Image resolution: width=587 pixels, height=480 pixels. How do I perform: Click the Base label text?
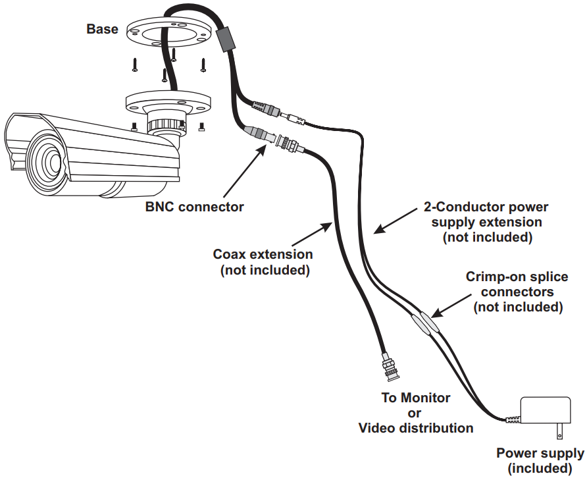[103, 29]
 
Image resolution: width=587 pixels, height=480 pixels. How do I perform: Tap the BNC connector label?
[194, 207]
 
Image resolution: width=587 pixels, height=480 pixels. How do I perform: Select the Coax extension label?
[263, 261]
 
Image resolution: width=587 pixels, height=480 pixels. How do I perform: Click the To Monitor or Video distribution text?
[415, 413]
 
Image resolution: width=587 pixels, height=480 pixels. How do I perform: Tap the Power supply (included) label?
[540, 461]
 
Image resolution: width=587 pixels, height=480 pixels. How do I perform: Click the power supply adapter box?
[546, 412]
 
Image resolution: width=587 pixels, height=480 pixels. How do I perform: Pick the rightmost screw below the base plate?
[203, 65]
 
